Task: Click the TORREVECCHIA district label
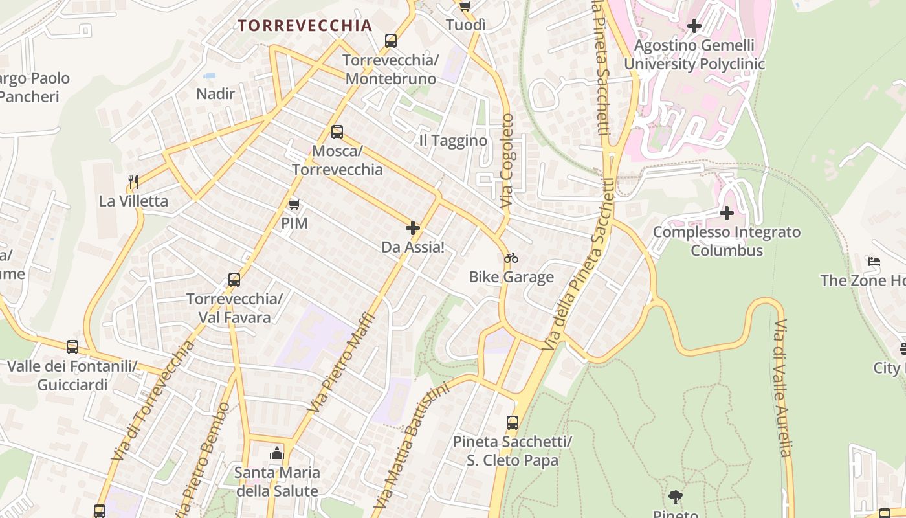[304, 26]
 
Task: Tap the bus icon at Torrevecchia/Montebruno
[391, 41]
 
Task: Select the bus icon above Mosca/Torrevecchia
[337, 132]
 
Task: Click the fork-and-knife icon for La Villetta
[133, 182]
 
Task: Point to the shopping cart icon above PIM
[294, 205]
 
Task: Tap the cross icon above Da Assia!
[413, 228]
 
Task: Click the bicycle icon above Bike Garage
[511, 258]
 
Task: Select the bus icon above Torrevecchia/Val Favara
[234, 280]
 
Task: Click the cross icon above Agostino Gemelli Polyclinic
[694, 26]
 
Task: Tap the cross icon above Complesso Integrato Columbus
[727, 212]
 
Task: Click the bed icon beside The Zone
[874, 262]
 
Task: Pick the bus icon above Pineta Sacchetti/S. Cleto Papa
[513, 423]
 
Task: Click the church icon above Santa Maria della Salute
[277, 453]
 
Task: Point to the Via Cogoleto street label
[507, 161]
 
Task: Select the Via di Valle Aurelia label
[783, 388]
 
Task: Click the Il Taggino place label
[453, 141]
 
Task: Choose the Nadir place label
[215, 94]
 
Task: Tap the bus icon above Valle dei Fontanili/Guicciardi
[72, 347]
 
